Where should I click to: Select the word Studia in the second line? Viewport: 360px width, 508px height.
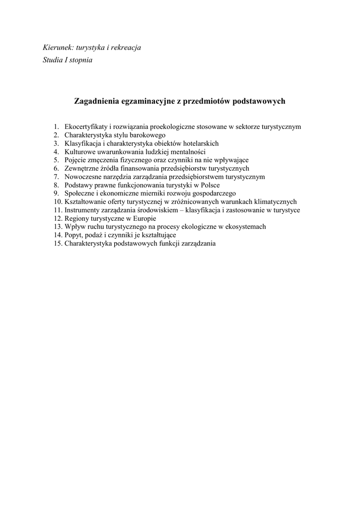coord(53,60)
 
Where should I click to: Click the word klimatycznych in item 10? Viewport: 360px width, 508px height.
coord(275,201)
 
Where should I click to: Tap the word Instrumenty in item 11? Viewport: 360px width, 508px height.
coord(82,210)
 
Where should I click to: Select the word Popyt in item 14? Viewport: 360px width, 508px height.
coord(73,235)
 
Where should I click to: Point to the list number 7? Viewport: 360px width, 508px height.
coord(57,177)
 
